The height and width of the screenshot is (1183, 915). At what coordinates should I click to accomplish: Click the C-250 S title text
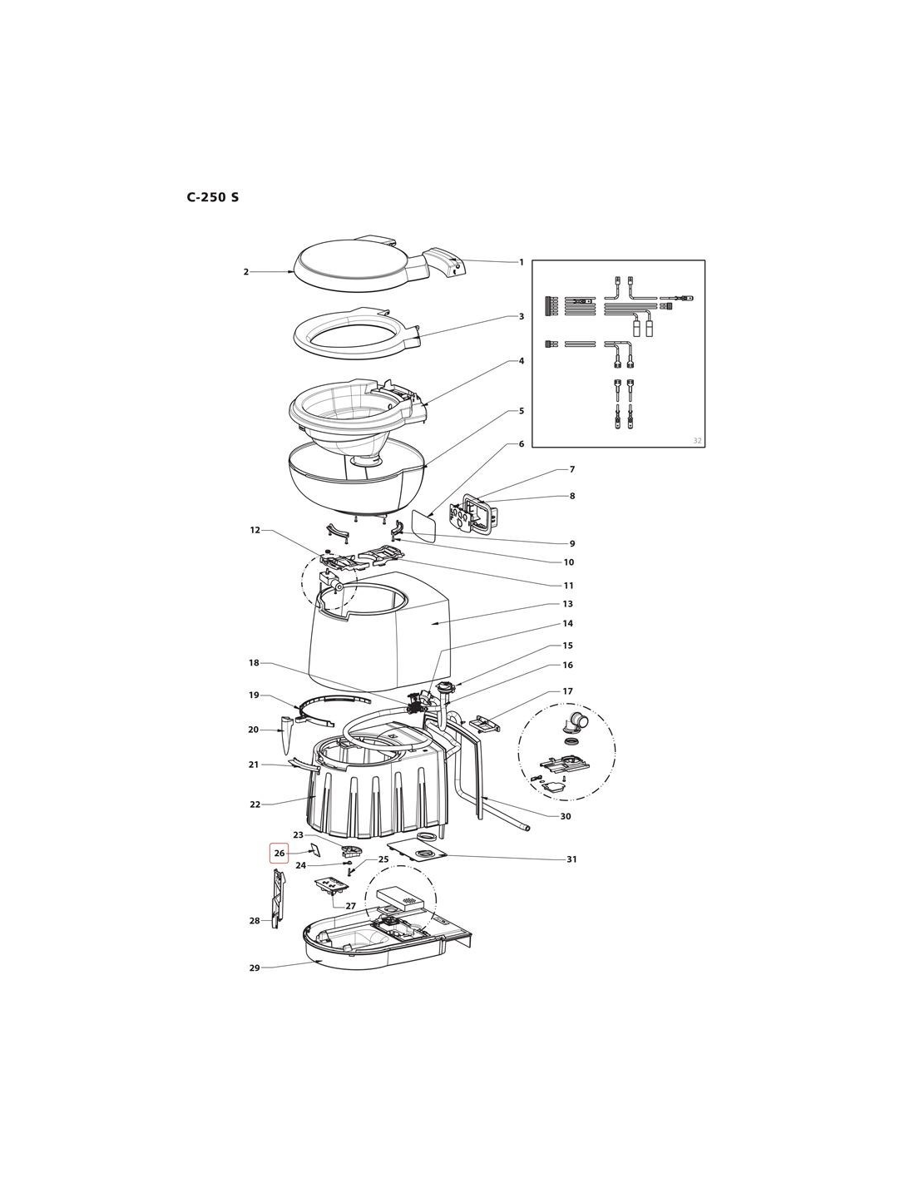tap(213, 197)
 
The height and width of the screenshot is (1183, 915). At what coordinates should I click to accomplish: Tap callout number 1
tap(521, 262)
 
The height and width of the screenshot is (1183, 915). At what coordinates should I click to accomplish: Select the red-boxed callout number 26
tap(279, 853)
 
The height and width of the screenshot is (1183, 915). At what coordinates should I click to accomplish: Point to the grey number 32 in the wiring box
tap(697, 440)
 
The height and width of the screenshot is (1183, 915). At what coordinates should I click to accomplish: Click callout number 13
tap(568, 604)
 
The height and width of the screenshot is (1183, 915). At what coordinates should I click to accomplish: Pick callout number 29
tap(255, 968)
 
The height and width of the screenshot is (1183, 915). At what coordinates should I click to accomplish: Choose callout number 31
tap(571, 859)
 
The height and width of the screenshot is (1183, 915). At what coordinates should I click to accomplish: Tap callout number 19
tap(254, 695)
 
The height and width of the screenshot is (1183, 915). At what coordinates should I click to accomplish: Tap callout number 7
tap(572, 469)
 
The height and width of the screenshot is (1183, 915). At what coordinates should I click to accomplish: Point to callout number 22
tap(255, 804)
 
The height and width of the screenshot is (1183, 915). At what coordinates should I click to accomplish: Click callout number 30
tap(566, 817)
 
